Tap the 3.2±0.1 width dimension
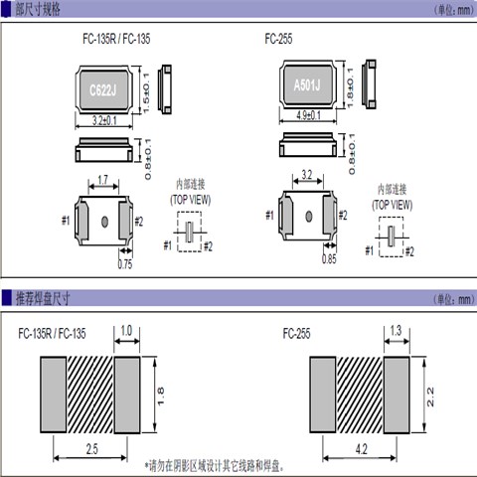click(x=103, y=121)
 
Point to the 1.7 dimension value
click(x=103, y=182)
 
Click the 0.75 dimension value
click(x=125, y=264)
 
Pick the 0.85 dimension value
click(x=329, y=261)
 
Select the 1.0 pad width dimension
click(x=126, y=331)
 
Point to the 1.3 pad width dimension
click(x=396, y=331)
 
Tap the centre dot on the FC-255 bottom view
click(x=309, y=216)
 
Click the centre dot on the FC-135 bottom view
click(x=104, y=220)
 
